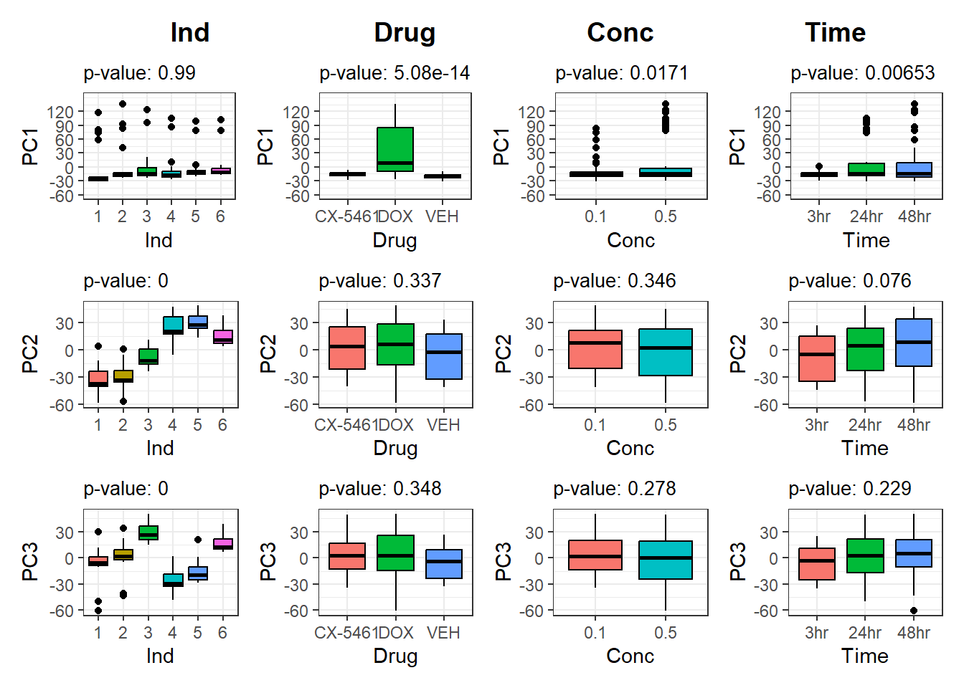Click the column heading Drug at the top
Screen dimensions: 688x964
(405, 33)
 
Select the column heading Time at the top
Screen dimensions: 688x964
(835, 33)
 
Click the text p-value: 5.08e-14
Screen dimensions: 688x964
(394, 73)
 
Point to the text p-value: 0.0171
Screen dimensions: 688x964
(622, 73)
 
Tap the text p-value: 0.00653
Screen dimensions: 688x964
(862, 73)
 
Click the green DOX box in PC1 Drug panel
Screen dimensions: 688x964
(395, 149)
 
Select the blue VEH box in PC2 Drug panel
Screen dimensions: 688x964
(444, 356)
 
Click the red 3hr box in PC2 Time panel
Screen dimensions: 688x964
(817, 358)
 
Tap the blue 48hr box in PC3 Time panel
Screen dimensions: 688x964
(914, 553)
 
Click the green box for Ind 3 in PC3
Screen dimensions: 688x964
(148, 532)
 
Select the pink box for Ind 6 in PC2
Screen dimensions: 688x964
(223, 337)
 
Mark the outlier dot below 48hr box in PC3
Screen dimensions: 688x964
(914, 611)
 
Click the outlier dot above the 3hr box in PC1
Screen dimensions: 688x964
(819, 166)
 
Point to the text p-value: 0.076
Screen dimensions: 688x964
(849, 281)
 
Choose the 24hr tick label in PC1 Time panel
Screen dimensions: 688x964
(866, 216)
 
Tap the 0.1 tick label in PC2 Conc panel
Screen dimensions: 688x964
(595, 425)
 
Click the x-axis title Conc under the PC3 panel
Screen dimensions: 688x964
(630, 656)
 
